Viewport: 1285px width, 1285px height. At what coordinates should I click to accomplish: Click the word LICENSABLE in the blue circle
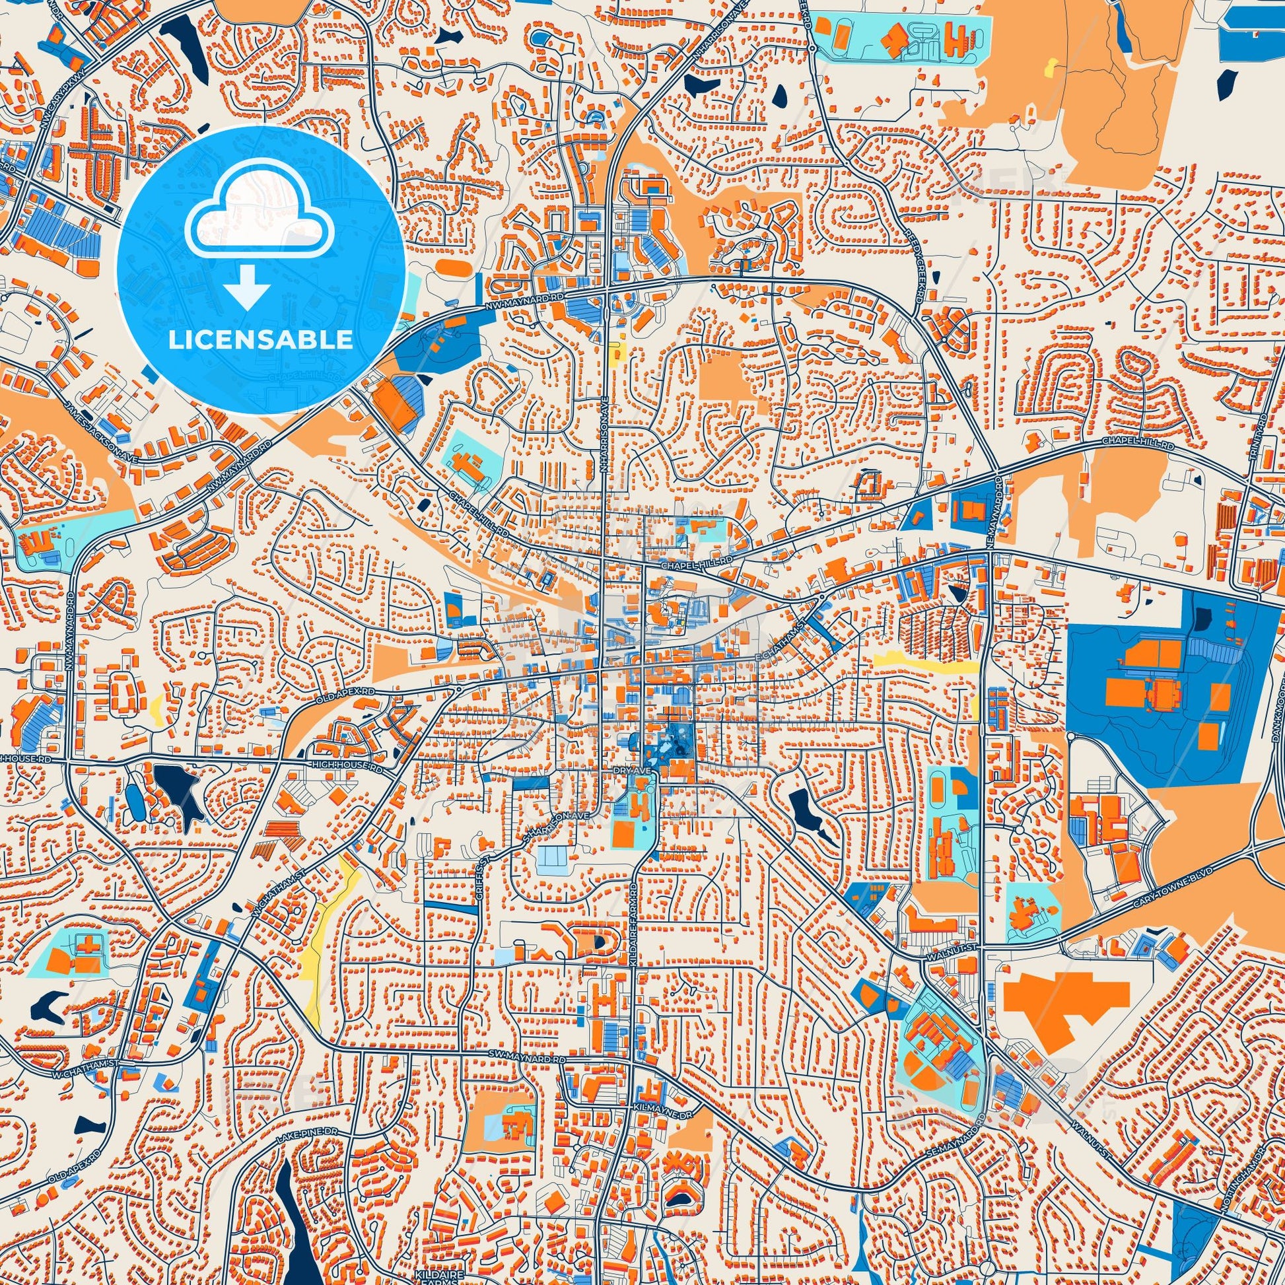pos(260,341)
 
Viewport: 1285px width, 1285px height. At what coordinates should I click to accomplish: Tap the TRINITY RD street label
pos(1261,434)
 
